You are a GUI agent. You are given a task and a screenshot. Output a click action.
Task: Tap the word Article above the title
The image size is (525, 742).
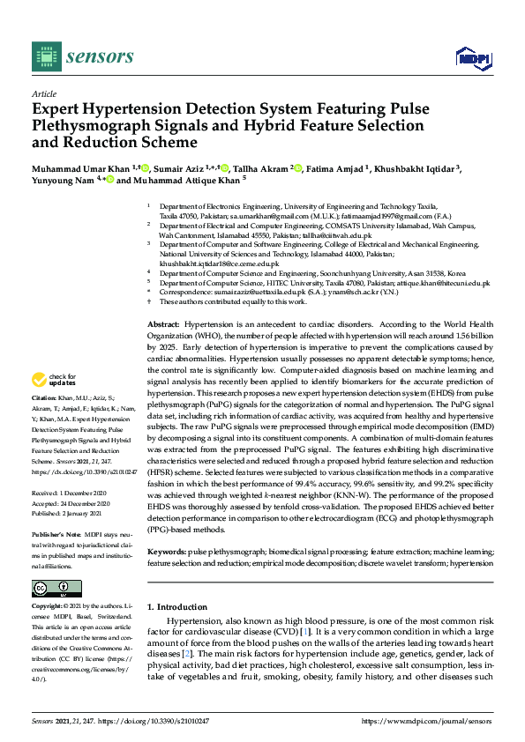click(x=44, y=93)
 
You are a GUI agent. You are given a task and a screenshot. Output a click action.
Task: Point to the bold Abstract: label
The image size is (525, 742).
click(x=163, y=326)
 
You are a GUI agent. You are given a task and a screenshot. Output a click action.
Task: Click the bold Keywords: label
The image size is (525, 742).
click(x=166, y=551)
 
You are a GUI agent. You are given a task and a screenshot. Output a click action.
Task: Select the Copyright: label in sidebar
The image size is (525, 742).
click(x=49, y=607)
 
